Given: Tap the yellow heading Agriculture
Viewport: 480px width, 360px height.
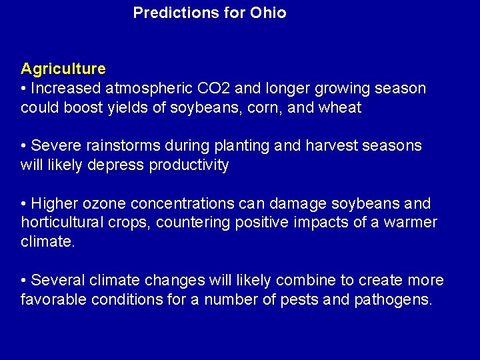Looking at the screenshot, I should (x=63, y=69).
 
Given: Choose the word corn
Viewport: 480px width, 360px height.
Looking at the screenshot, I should (x=268, y=108).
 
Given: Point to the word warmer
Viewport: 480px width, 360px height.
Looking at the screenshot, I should (x=411, y=223).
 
